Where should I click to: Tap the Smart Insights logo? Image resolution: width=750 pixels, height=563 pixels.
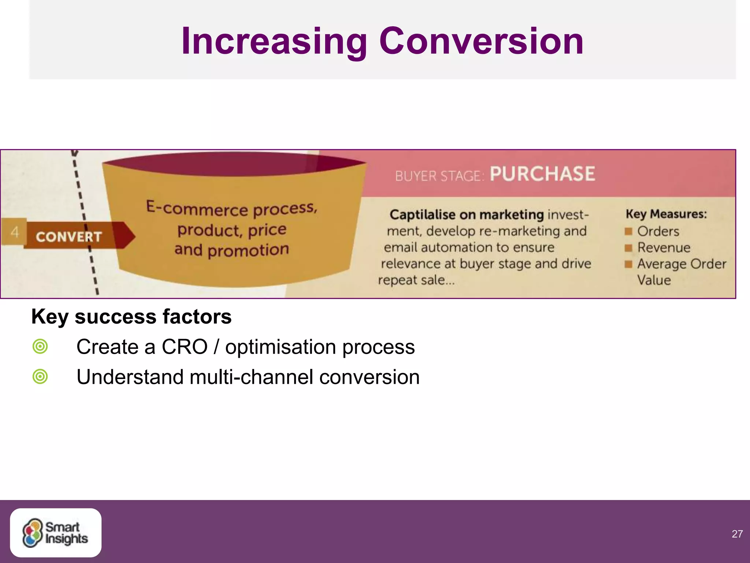55,533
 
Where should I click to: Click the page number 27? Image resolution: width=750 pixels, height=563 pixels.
737,534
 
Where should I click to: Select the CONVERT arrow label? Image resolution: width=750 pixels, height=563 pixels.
69,236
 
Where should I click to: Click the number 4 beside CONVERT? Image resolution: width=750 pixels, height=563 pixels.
15,232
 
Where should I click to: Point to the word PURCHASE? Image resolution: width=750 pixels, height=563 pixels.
542,174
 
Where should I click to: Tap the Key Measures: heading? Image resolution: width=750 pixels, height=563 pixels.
666,214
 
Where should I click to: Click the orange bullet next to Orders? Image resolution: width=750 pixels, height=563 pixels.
628,231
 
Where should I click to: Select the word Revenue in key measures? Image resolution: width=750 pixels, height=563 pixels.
664,247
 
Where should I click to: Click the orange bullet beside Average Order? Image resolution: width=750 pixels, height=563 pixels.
628,264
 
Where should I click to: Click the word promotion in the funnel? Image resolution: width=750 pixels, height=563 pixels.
248,250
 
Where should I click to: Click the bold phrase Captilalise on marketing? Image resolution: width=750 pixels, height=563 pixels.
467,214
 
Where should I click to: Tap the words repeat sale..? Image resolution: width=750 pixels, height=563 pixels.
416,280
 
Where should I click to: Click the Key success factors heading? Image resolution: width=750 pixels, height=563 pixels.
131,316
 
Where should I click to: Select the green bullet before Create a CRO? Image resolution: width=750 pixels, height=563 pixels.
40,346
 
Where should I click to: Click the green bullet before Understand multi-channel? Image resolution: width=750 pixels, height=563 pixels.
40,376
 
